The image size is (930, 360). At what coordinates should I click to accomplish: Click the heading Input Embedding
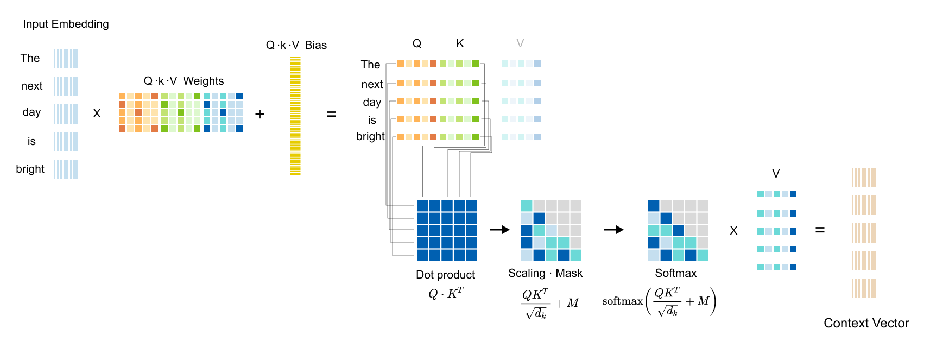coord(66,24)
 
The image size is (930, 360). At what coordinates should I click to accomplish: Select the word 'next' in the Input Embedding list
coord(31,86)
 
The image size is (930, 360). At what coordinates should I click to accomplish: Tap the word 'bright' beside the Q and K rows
coord(370,136)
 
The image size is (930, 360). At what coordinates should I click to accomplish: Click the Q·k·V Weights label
coord(184,81)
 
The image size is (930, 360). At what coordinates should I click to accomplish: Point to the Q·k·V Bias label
coord(296,45)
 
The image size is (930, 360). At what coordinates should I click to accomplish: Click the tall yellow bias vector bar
coord(295,116)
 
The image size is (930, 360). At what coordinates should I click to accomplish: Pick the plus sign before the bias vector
coord(260,114)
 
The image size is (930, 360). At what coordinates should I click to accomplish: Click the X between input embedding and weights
coord(97,113)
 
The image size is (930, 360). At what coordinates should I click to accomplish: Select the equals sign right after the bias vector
coord(331,114)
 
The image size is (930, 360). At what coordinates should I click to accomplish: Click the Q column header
coord(416,43)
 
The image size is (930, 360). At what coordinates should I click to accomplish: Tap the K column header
coord(460,43)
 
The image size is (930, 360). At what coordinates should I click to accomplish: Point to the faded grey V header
coord(520,43)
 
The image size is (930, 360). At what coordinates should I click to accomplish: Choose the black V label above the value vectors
coord(776,174)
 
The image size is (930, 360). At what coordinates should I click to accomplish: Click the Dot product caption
coord(445,275)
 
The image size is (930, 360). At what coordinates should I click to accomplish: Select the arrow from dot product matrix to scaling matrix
coord(499,230)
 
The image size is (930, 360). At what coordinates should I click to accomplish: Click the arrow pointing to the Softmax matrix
coord(613,230)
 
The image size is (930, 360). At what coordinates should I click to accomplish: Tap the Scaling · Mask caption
coord(545,273)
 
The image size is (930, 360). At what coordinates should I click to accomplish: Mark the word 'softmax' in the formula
coord(622,301)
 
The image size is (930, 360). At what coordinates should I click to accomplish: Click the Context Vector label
coord(866,323)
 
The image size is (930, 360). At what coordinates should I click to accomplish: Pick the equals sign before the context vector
coord(820,230)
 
